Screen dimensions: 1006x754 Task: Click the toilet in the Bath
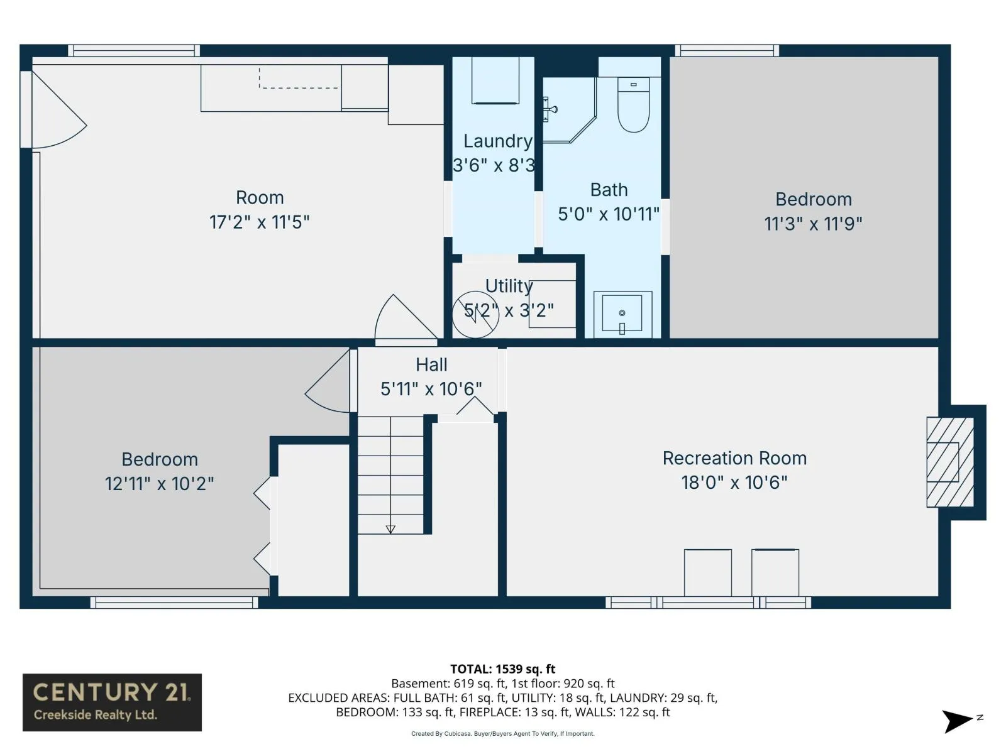[633, 106]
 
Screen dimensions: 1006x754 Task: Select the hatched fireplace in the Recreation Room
[950, 462]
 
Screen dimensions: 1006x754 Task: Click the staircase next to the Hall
[390, 475]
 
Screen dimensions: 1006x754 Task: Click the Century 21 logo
[112, 702]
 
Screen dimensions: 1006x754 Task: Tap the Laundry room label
[498, 141]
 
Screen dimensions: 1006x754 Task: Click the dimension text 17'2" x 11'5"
[260, 222]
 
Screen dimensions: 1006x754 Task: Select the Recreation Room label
[734, 458]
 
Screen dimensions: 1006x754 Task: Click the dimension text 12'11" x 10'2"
[160, 483]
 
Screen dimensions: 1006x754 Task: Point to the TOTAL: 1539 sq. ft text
[503, 669]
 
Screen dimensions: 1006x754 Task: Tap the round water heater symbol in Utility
[475, 315]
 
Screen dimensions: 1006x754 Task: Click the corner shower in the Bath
[569, 110]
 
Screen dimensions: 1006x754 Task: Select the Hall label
[431, 365]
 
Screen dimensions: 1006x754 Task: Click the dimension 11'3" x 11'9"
[813, 224]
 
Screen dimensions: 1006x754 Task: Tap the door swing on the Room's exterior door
[58, 110]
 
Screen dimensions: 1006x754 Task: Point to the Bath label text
[609, 190]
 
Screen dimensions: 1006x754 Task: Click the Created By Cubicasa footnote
[503, 734]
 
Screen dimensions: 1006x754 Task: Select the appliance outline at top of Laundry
[495, 80]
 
